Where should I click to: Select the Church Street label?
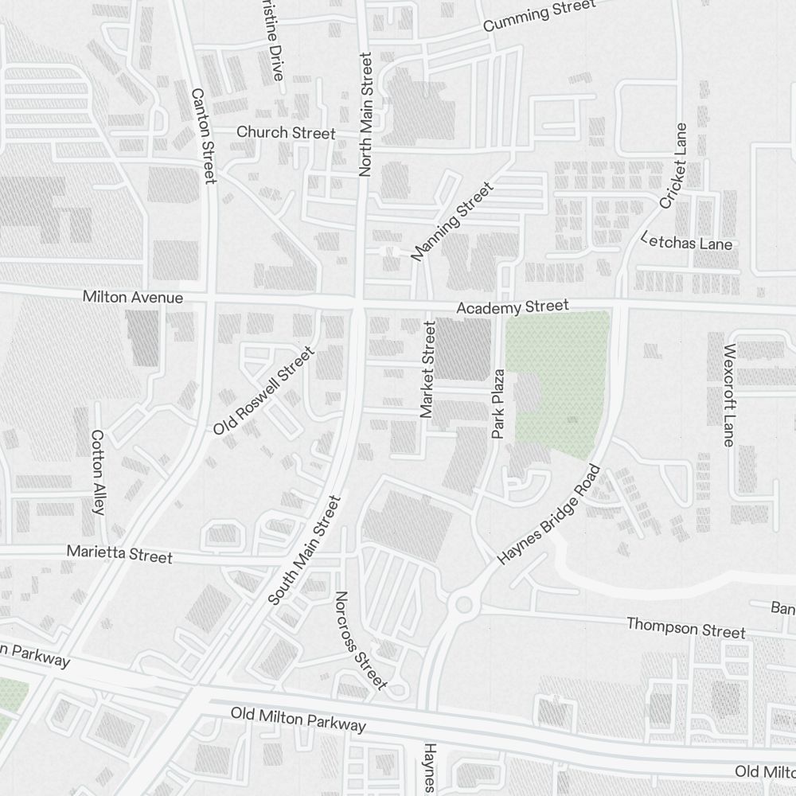286,133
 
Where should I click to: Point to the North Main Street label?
365,114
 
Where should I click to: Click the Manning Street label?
452,221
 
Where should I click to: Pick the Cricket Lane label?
673,166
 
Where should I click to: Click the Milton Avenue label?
133,298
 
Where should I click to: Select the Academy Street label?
513,306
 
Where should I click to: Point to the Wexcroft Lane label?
729,395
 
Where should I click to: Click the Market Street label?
427,369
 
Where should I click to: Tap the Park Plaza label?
498,404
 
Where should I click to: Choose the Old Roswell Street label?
263,390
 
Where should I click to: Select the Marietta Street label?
119,553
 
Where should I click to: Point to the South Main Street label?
304,549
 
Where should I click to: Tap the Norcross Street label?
361,640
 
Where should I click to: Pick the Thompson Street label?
686,627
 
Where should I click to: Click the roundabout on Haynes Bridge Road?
463,604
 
